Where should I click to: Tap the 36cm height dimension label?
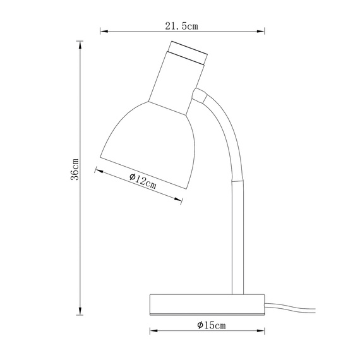pyautogui.click(x=74, y=169)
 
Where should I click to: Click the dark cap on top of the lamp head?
pyautogui.click(x=188, y=54)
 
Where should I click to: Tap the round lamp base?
pyautogui.click(x=207, y=304)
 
